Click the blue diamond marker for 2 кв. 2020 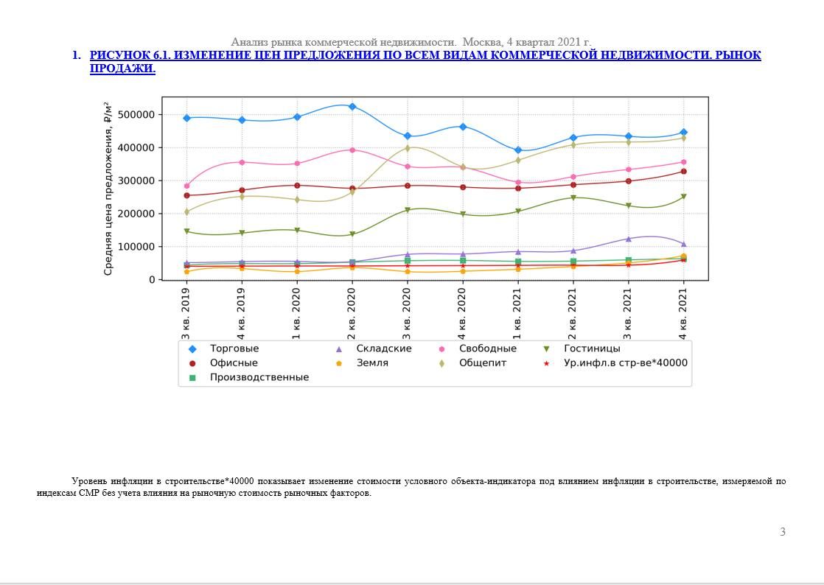pos(352,107)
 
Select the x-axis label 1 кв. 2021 pos(517,314)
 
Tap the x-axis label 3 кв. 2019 pos(186,314)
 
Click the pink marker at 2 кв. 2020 pos(352,150)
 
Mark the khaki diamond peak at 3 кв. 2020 pos(408,148)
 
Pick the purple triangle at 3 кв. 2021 pos(629,239)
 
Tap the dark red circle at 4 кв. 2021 pos(684,171)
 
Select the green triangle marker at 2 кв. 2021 pos(573,198)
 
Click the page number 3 pos(783,532)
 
